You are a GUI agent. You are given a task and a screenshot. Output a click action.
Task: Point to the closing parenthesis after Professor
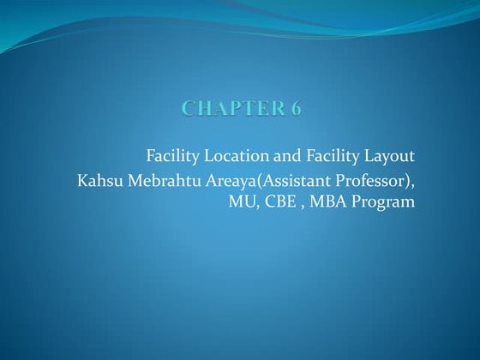point(406,182)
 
